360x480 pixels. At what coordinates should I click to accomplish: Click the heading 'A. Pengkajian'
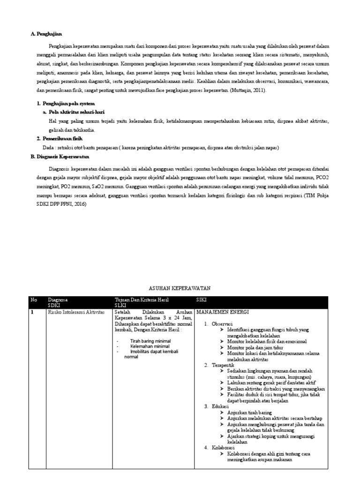click(46, 34)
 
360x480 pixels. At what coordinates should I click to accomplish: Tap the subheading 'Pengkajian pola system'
click(68, 103)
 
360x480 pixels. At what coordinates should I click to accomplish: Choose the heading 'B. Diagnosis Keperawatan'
click(59, 157)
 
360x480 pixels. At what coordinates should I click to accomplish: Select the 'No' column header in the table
click(33, 299)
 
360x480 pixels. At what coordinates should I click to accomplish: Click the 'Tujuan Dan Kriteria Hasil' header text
click(142, 299)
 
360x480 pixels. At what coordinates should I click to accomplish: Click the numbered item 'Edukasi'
click(220, 406)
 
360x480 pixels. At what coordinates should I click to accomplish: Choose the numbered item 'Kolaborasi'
click(224, 448)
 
